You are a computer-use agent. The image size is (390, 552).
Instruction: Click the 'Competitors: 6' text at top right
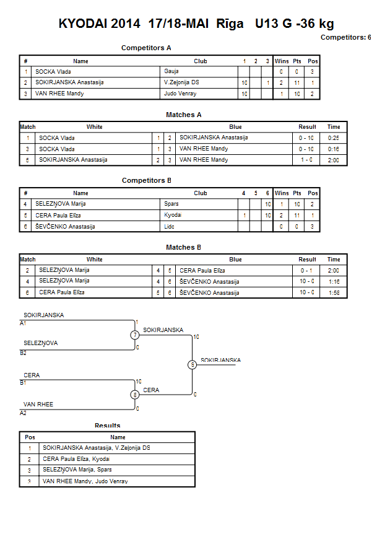point(345,37)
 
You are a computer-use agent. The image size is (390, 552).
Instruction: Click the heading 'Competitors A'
point(146,48)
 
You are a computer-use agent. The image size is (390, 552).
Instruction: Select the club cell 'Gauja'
point(171,71)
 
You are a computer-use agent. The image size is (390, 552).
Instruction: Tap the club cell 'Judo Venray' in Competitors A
point(180,94)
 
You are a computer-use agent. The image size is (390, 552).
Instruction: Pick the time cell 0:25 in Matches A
point(334,138)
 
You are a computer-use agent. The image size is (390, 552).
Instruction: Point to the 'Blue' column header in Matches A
point(235,127)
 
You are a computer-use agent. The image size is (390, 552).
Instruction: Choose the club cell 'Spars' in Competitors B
point(171,204)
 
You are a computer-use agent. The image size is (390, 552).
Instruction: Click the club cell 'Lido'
point(169,227)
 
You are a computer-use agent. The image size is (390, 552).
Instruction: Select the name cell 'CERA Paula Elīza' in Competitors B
point(58,216)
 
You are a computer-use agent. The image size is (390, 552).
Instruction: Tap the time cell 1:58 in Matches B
point(334,293)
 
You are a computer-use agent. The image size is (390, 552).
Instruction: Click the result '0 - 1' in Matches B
point(306,271)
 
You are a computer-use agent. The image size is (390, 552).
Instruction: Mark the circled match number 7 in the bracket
point(135,335)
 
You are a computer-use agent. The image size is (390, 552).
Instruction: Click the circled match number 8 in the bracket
point(135,395)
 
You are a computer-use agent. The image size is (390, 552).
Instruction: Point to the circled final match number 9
point(192,365)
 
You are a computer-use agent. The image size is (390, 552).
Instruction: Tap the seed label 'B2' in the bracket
point(23,353)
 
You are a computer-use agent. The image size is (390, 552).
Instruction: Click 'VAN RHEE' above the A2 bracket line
point(38,405)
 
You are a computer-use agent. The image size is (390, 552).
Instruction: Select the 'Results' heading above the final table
point(107,426)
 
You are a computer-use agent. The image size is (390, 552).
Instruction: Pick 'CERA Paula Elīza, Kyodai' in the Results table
point(76,459)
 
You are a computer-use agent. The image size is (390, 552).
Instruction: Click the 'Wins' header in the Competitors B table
point(281,193)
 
